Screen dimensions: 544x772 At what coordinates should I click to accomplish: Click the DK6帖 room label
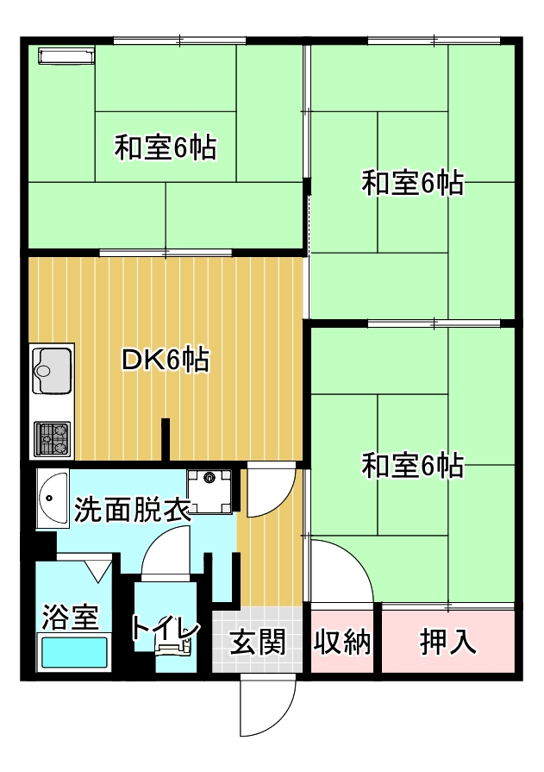(x=166, y=360)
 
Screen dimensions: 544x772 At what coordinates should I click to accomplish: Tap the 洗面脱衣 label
(x=131, y=510)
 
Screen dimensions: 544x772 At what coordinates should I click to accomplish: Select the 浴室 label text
(x=71, y=617)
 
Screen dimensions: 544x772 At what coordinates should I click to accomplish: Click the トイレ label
(x=166, y=629)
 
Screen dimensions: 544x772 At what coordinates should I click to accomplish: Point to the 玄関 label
(x=258, y=642)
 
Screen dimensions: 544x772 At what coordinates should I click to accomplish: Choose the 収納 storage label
(x=342, y=642)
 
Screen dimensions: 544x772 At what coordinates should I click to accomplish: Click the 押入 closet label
(x=448, y=642)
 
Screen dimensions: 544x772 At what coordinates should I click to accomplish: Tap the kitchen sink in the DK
(x=52, y=371)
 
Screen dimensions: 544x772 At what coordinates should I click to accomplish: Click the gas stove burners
(x=52, y=439)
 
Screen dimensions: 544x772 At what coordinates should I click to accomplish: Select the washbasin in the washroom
(x=53, y=499)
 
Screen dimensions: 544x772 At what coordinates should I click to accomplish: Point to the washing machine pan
(x=209, y=491)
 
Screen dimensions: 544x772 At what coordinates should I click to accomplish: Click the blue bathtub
(x=74, y=652)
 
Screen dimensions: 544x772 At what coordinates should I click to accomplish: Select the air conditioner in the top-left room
(x=66, y=55)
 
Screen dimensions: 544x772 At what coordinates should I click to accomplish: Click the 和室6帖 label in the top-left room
(x=166, y=147)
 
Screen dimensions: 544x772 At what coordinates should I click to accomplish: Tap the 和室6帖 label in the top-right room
(x=413, y=182)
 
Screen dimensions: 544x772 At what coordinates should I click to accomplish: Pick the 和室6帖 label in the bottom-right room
(x=413, y=465)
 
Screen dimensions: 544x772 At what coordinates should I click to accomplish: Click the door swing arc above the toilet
(x=165, y=549)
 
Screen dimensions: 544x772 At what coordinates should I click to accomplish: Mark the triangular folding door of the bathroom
(x=99, y=569)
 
